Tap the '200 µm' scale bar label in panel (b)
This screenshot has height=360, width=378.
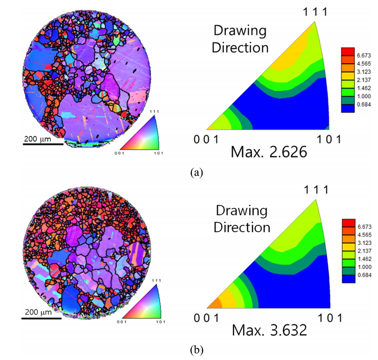(x=41, y=312)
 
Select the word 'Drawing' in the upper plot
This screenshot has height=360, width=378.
(x=240, y=32)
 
